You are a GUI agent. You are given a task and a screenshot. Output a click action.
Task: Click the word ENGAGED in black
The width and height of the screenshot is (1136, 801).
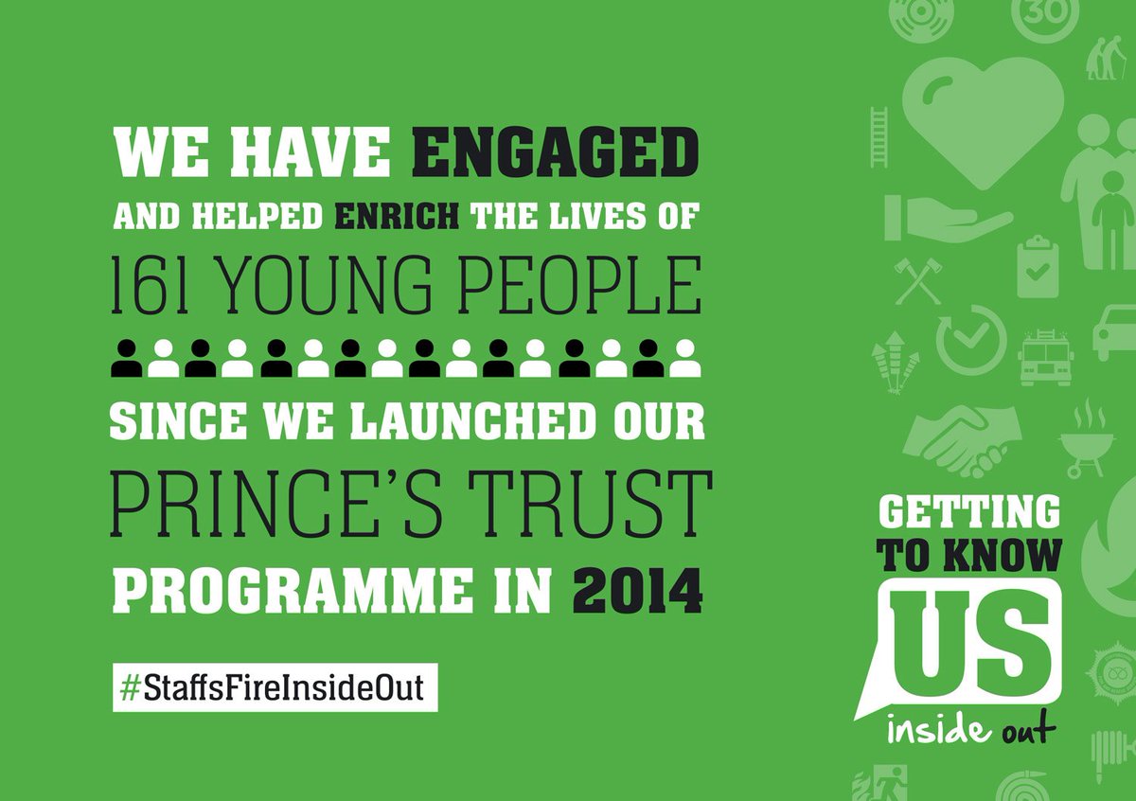click(x=557, y=154)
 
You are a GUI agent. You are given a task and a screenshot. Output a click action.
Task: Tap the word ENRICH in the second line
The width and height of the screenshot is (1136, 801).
click(x=397, y=219)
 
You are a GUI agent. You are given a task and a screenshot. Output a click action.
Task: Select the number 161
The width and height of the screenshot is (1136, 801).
click(x=143, y=285)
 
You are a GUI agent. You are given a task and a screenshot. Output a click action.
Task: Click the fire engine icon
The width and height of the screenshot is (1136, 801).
click(x=1045, y=358)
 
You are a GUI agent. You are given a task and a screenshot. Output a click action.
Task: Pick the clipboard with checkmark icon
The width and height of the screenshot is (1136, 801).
click(x=1038, y=267)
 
